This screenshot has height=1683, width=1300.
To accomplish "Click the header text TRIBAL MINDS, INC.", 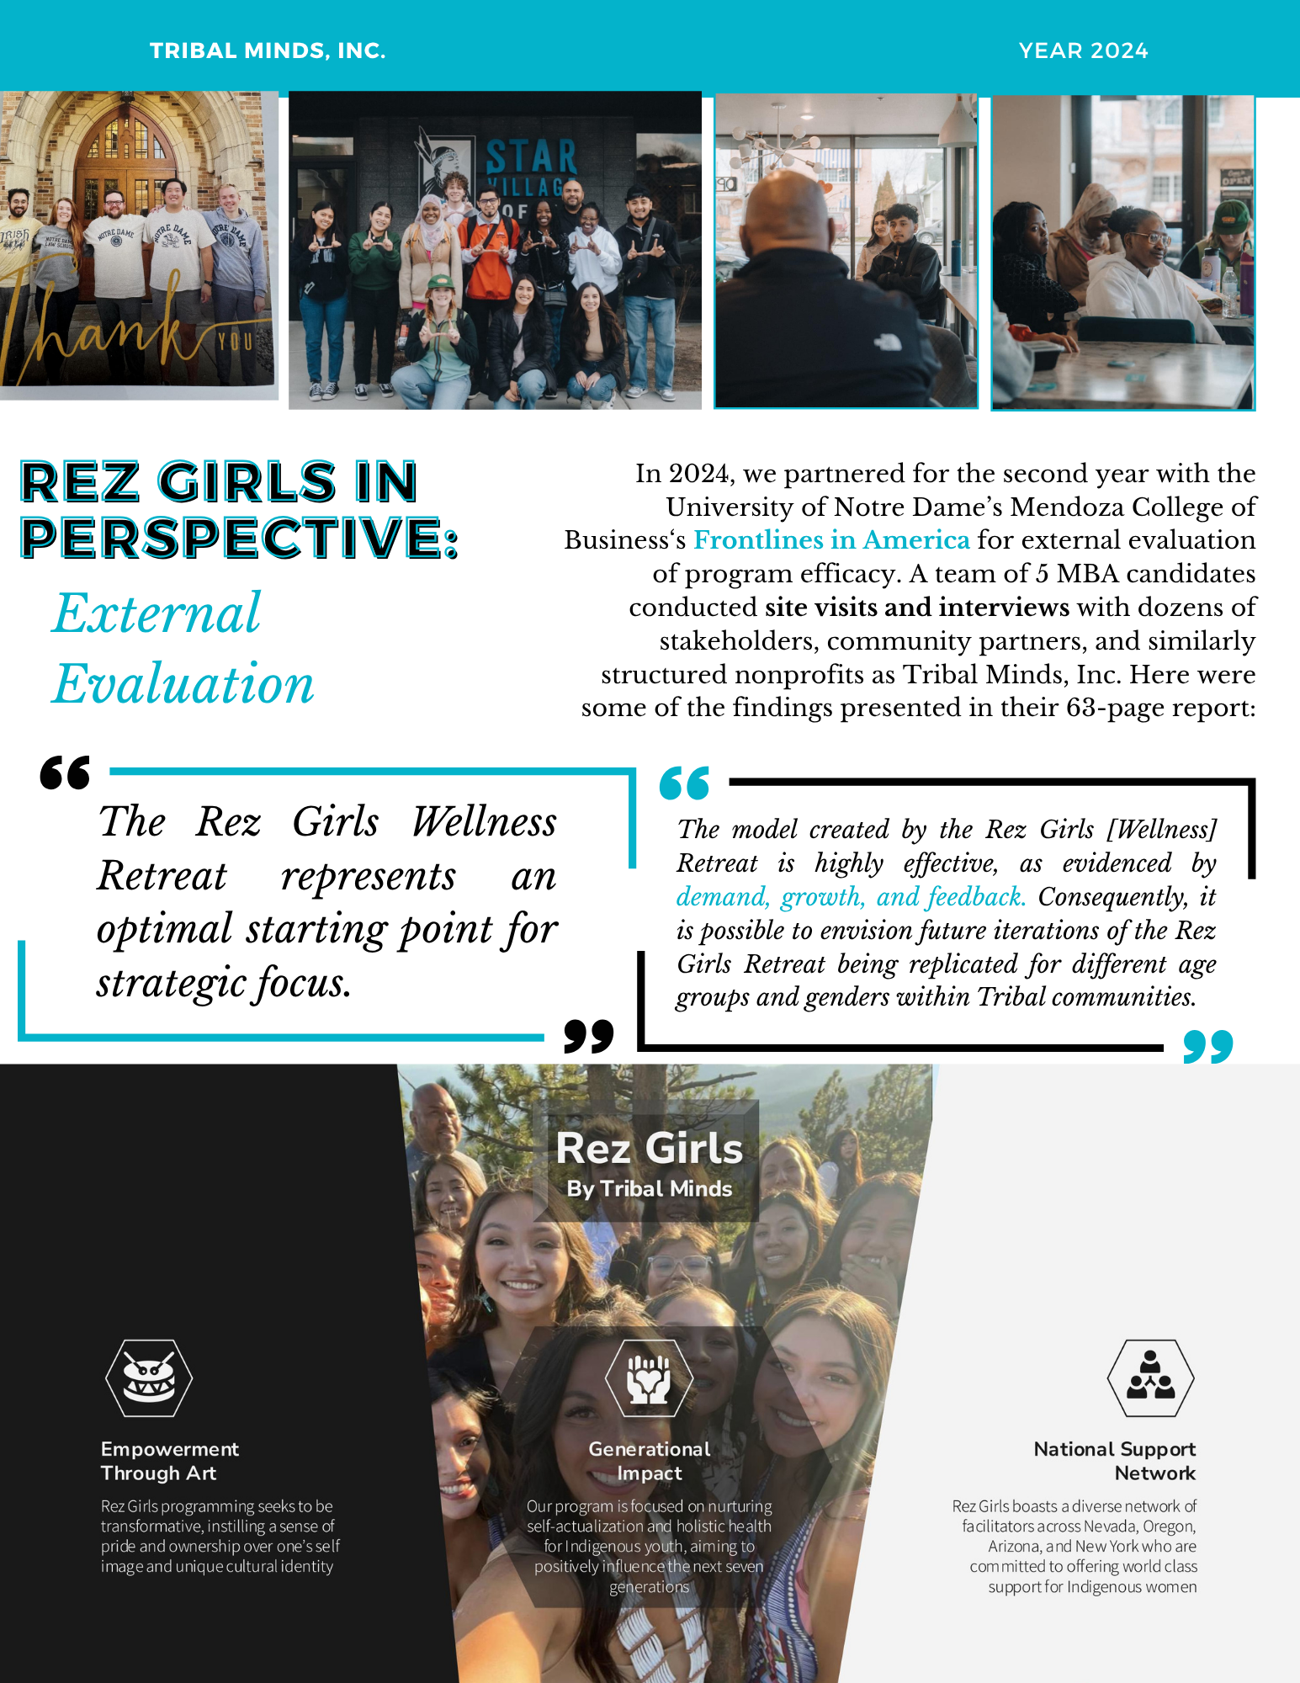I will [267, 51].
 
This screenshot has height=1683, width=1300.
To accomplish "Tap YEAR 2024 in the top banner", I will [1083, 51].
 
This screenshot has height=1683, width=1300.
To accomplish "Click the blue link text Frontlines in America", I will [831, 539].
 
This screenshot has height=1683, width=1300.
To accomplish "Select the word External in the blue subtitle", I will [157, 613].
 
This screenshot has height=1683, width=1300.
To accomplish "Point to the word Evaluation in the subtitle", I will [183, 683].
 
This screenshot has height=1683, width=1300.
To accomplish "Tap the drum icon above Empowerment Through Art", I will [149, 1378].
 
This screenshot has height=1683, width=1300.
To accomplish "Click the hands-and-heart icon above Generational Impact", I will [649, 1378].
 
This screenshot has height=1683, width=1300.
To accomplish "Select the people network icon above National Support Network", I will [1150, 1378].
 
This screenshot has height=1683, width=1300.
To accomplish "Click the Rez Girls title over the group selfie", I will [649, 1148].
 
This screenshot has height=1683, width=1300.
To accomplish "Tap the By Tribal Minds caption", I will [649, 1188].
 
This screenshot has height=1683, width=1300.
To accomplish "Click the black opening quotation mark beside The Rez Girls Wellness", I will [65, 772].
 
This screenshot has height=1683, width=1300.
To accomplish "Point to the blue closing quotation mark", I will [1207, 1046].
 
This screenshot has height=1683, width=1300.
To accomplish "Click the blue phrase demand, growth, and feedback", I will [851, 897].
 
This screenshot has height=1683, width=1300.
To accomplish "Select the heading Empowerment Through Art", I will [169, 1461].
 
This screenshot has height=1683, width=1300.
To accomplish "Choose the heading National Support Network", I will [1114, 1461].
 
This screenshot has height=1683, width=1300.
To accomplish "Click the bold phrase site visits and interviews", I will [916, 607].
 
